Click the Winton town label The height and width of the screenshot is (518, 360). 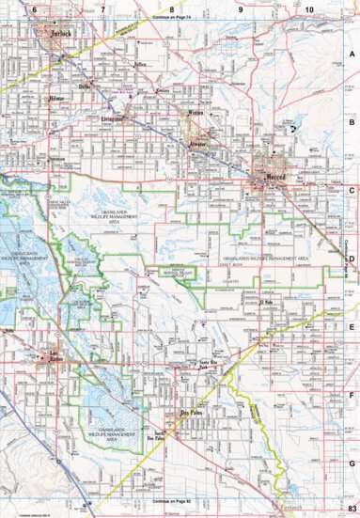(195, 113)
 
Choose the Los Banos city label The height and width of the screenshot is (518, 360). (58, 354)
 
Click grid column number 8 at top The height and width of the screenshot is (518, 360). (171, 8)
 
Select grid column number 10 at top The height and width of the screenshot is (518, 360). (309, 8)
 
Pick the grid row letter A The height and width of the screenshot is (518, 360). (351, 55)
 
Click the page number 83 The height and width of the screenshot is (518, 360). (349, 509)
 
